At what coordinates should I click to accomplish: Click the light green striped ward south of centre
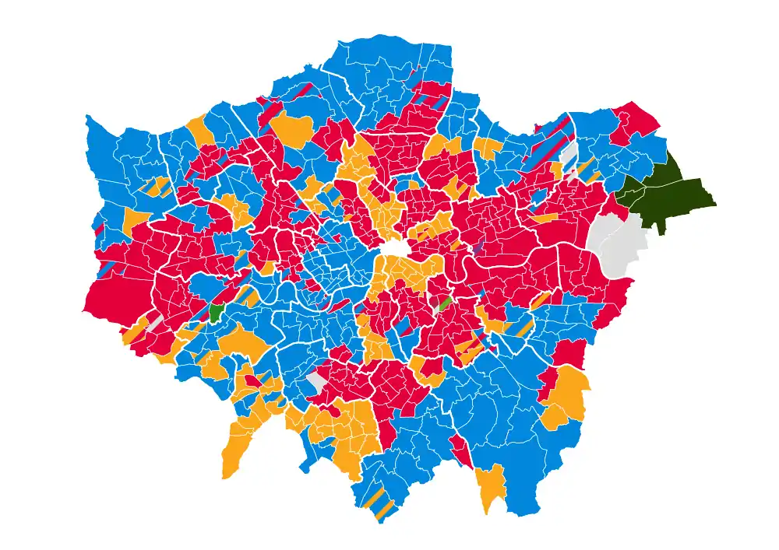click(x=445, y=303)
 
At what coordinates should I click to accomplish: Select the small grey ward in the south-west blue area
click(x=316, y=381)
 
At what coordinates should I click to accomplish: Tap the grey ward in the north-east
click(x=568, y=152)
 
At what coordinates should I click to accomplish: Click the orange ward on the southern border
click(x=491, y=486)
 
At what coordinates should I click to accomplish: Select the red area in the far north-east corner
click(x=635, y=121)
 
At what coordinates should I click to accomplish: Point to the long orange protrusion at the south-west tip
click(x=234, y=451)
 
